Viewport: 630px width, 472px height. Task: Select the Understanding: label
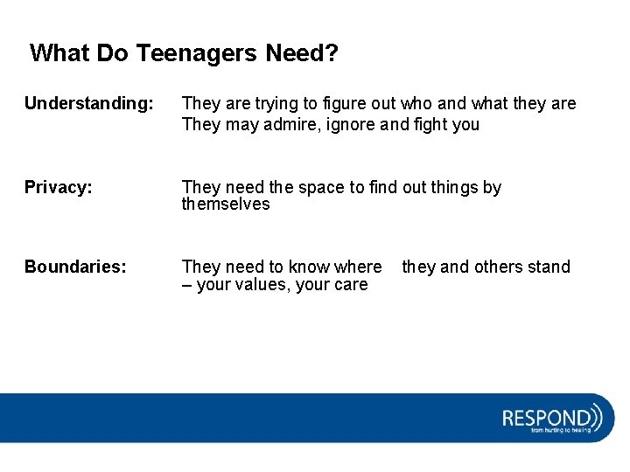[x=88, y=104]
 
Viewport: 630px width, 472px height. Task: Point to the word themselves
[x=226, y=205]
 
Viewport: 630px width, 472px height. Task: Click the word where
[x=359, y=267]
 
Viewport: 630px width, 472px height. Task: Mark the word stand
[x=549, y=267]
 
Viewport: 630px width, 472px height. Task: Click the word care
[x=350, y=285]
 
